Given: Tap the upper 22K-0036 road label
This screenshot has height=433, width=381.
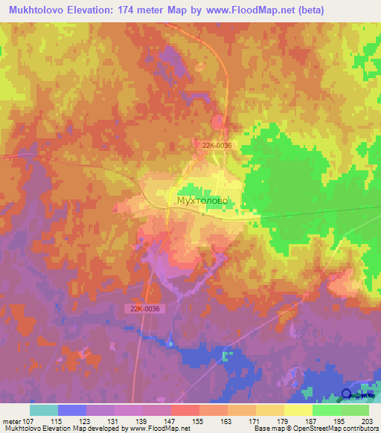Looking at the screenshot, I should [x=217, y=145].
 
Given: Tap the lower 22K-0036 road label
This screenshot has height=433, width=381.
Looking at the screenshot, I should [x=142, y=307].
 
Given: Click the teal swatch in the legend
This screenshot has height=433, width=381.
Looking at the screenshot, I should [x=43, y=410].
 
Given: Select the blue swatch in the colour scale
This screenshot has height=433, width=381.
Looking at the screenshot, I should [x=71, y=410].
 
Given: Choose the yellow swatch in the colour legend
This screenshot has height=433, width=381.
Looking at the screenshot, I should [x=297, y=410].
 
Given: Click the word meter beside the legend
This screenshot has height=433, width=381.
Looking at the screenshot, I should [x=10, y=420].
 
